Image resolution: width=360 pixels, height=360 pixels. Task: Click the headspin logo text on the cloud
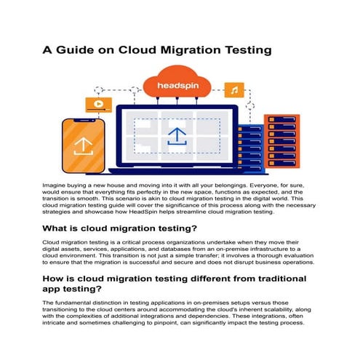pos(178,87)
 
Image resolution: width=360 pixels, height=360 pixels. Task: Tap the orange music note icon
pos(233,90)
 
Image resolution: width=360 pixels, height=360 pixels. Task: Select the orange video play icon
pos(95,103)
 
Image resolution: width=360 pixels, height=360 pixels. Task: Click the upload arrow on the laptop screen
pos(177,136)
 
